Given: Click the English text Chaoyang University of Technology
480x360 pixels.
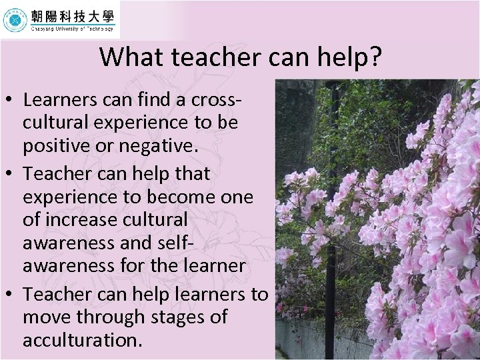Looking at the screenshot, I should (x=72, y=29).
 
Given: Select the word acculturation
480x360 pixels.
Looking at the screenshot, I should (x=82, y=340).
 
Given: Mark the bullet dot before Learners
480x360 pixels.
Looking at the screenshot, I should (x=12, y=101).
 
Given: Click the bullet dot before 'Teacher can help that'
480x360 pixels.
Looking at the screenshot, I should (x=12, y=174).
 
